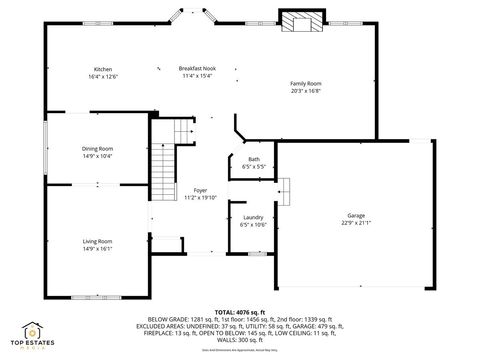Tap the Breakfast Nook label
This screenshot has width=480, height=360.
[197, 68]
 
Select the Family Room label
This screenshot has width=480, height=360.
[306, 83]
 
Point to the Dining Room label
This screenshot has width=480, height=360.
[97, 149]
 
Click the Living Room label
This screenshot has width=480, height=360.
[97, 241]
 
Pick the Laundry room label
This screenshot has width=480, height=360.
[253, 217]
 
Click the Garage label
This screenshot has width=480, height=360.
[356, 216]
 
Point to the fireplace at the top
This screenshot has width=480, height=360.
[301, 22]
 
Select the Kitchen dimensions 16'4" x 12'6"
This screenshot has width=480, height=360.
[104, 76]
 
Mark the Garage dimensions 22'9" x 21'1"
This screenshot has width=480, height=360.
[356, 224]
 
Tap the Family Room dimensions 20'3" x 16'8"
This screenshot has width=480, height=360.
[306, 91]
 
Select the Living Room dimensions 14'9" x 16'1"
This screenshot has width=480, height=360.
[97, 249]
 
